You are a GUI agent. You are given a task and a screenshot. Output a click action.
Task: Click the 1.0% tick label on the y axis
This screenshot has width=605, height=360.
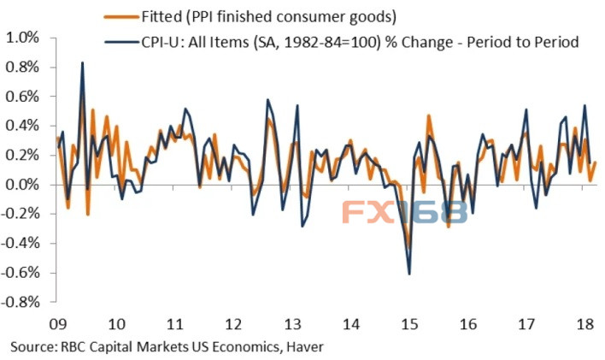(24, 38)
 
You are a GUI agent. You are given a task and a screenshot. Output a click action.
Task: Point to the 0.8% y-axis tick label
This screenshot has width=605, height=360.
(24, 68)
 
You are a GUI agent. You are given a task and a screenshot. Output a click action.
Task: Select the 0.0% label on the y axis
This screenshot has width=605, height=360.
(24, 185)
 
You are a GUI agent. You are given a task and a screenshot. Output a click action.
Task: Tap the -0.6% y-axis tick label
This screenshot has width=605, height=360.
(21, 273)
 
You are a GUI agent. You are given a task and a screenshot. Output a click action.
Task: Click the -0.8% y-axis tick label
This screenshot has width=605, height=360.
(21, 302)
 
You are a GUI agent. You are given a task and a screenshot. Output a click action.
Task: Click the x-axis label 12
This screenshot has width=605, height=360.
(232, 325)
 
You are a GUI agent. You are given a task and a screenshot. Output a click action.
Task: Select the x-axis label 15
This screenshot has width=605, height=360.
(409, 325)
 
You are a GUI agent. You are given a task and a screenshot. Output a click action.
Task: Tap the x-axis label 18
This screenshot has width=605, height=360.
(586, 325)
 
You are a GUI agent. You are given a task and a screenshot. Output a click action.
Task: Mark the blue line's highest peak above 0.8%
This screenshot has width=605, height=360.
(82, 62)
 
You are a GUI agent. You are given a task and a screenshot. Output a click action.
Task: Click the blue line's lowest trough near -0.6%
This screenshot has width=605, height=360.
(409, 274)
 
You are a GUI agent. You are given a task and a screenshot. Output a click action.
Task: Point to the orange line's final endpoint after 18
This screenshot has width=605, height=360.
(596, 162)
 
